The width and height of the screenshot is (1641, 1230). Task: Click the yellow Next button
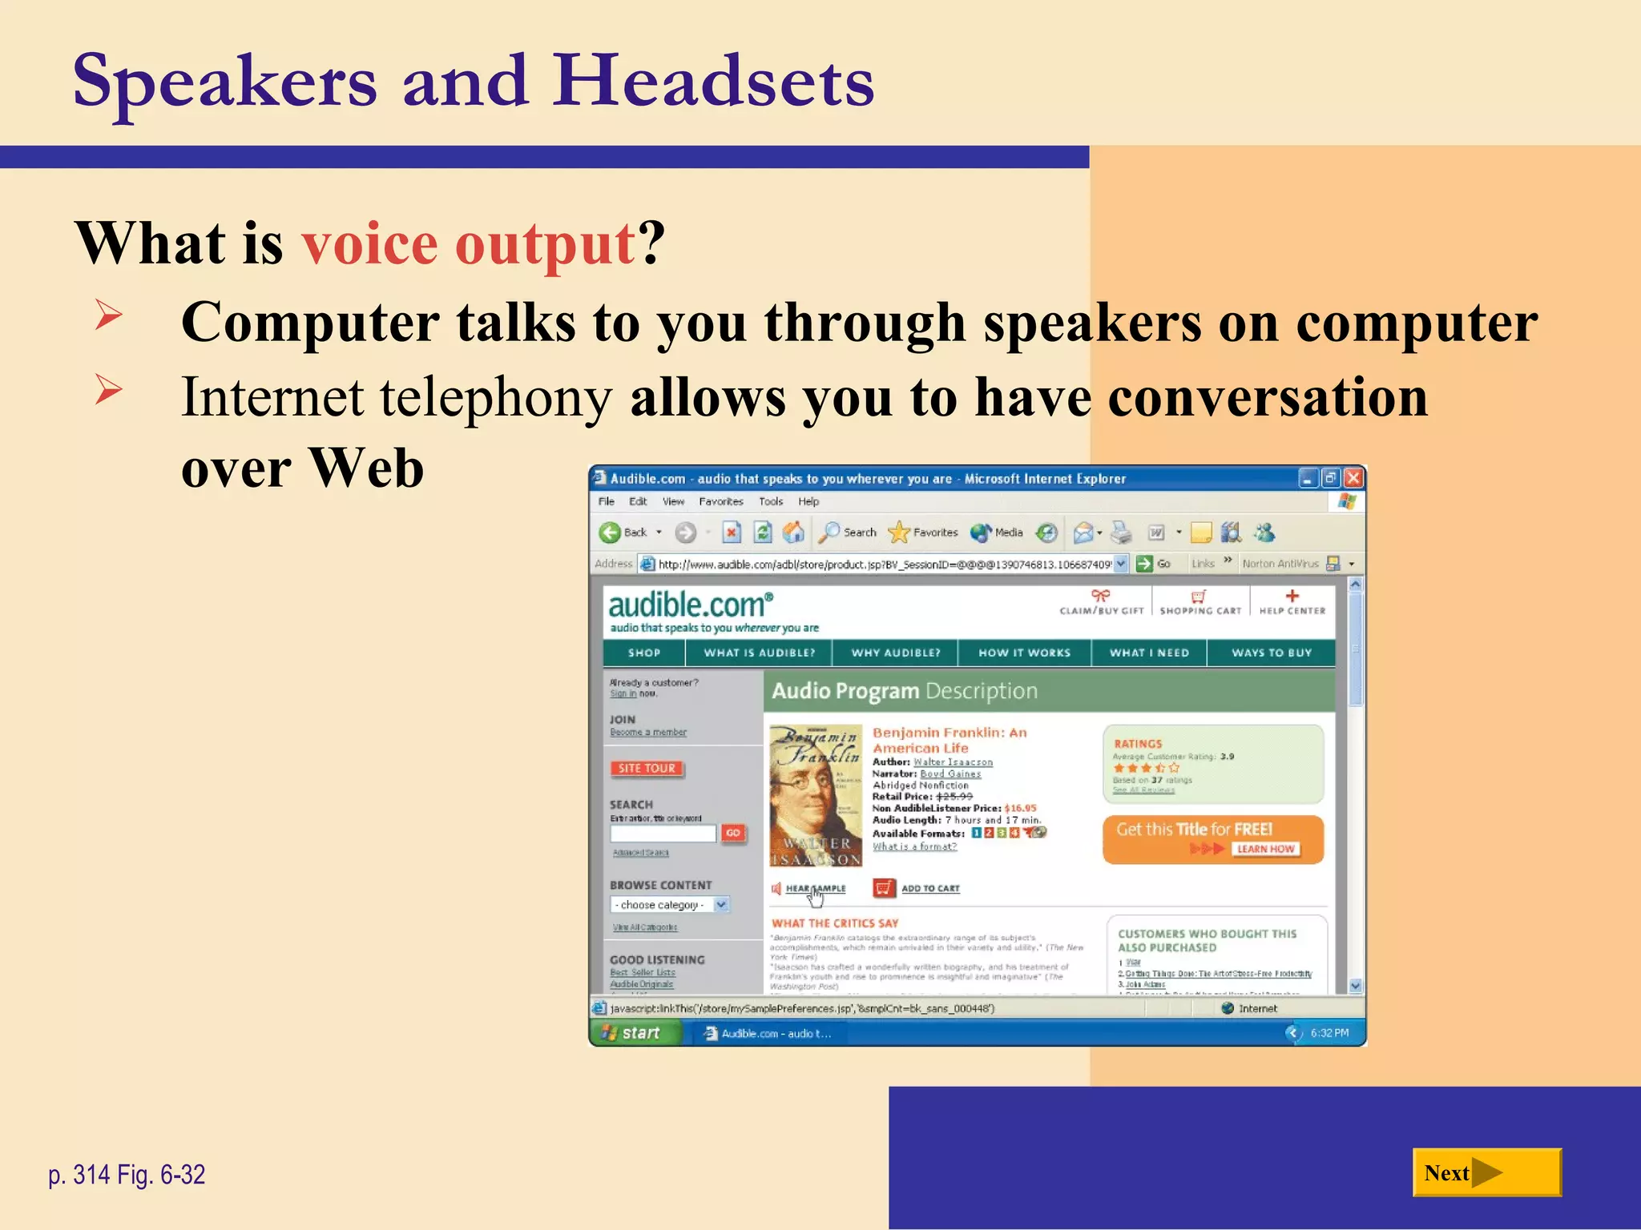1486,1172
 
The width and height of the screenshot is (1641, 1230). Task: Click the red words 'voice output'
469,243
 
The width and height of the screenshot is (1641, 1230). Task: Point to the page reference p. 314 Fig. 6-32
127,1175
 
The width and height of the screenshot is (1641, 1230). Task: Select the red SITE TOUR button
647,768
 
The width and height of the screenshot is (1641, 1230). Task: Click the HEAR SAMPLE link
814,888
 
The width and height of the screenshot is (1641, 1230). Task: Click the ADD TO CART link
929,888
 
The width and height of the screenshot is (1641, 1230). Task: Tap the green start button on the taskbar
633,1033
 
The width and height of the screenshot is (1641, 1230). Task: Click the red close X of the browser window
1353,478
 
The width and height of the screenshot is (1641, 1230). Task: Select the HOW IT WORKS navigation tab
1024,653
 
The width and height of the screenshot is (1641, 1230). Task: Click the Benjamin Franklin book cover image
815,796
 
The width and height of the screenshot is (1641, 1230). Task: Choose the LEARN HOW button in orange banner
1265,849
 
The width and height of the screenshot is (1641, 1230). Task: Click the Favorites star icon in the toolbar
900,533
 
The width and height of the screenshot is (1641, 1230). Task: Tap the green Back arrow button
611,533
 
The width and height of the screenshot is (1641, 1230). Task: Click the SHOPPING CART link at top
1200,603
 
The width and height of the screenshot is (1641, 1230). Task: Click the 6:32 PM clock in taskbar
1329,1033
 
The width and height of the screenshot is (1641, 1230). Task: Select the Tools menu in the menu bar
771,501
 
